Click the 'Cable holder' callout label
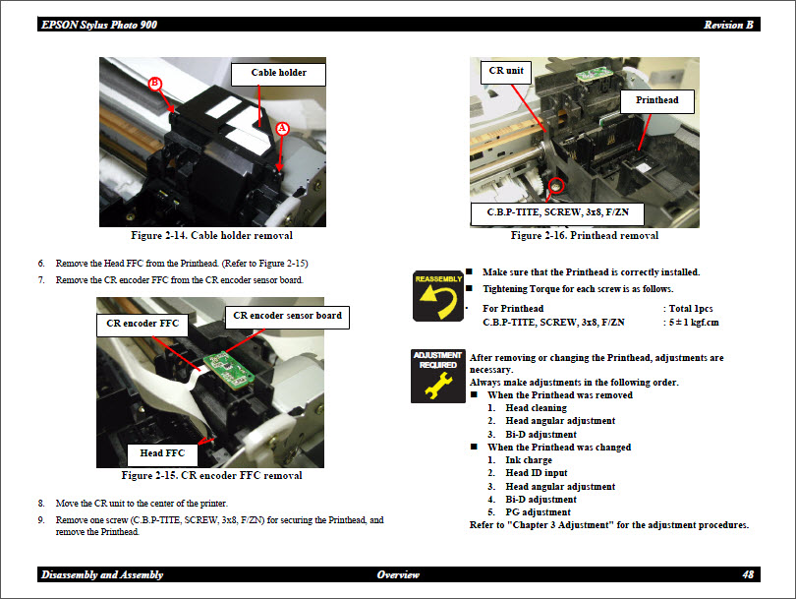point(278,73)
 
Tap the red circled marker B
point(154,84)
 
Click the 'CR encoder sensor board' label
point(287,316)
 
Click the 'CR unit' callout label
point(507,72)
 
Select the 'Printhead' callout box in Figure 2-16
point(656,100)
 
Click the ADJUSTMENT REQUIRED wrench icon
point(438,375)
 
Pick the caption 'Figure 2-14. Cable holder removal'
point(211,236)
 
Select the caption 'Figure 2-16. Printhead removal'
point(585,236)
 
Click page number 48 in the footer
point(748,574)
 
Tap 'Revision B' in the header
point(728,25)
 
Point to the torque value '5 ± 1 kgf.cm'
point(694,323)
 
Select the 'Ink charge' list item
point(529,460)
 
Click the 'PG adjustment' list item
point(538,512)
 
